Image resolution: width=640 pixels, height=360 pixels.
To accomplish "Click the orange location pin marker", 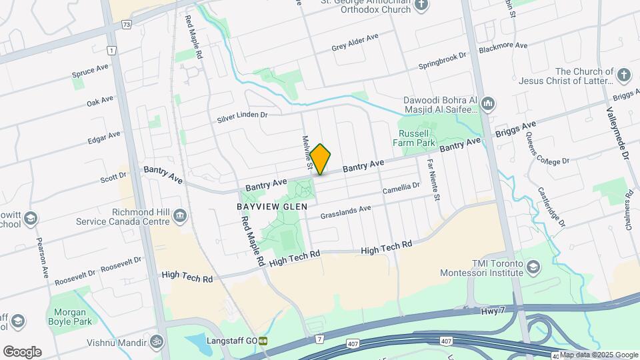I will click(x=321, y=159).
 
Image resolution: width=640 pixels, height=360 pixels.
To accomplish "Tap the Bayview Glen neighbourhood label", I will click(x=272, y=207).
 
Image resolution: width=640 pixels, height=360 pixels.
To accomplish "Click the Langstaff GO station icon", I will click(x=264, y=341).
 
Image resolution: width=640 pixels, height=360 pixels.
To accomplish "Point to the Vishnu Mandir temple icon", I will click(x=157, y=341).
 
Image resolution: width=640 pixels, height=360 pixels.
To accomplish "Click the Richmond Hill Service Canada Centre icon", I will click(x=179, y=216).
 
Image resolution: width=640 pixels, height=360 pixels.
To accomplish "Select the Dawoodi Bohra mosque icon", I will click(x=488, y=104).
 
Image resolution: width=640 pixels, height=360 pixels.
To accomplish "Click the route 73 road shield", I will click(x=127, y=24).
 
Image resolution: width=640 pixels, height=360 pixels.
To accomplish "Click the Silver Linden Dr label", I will click(x=241, y=117).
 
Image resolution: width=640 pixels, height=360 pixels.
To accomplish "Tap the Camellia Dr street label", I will click(x=401, y=190).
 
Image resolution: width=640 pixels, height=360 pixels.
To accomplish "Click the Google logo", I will click(x=22, y=351).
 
